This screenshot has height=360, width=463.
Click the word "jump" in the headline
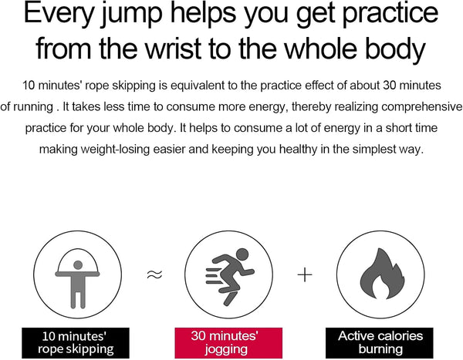[132, 14]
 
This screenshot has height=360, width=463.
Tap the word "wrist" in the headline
[174, 49]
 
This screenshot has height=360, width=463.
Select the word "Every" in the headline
[59, 14]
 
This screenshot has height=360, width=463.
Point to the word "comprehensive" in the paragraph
[422, 107]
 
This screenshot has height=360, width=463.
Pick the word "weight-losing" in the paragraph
[115, 150]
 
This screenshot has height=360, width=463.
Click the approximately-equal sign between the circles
[154, 274]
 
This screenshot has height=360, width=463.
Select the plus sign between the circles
[305, 275]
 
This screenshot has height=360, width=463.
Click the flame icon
[383, 274]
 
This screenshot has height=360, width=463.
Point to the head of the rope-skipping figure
[78, 265]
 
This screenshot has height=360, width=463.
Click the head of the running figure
[242, 254]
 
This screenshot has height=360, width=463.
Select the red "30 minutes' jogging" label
[228, 342]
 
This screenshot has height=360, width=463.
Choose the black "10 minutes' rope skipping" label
[76, 343]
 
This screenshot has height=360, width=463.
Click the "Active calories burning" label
[380, 343]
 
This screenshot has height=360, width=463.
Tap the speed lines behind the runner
[214, 276]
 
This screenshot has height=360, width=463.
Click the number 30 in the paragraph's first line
[390, 86]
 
